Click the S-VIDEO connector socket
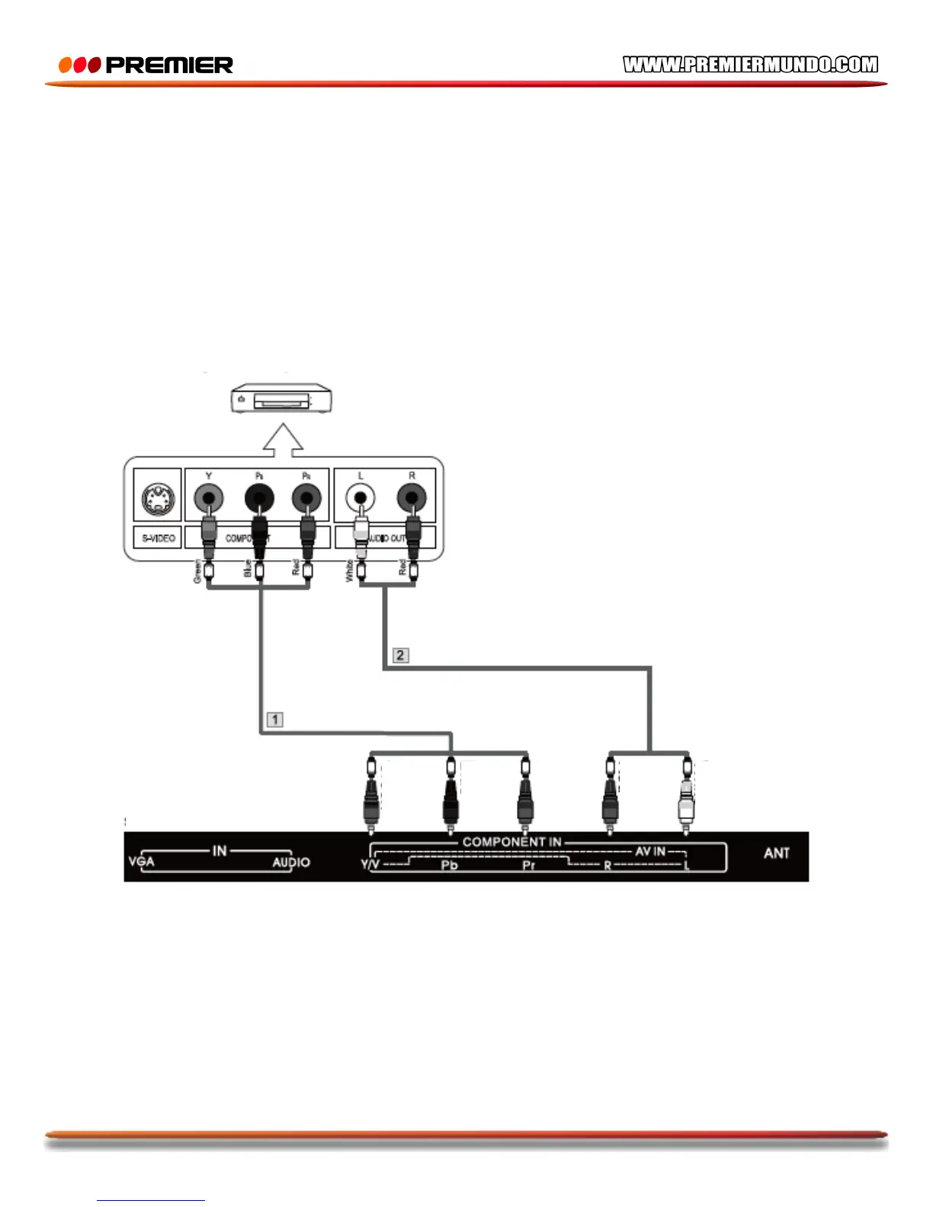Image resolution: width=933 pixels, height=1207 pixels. (158, 500)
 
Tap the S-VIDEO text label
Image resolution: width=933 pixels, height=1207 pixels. (158, 538)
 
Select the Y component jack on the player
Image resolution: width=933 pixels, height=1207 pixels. (209, 499)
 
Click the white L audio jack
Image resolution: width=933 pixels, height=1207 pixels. (361, 499)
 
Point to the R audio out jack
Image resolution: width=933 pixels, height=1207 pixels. (412, 499)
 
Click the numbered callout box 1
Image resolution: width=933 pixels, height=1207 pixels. (275, 719)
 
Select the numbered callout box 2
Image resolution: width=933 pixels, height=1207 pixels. (400, 655)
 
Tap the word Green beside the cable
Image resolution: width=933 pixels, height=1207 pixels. (197, 571)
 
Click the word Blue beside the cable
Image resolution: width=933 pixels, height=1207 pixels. (247, 569)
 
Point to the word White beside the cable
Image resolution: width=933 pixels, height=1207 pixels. (349, 571)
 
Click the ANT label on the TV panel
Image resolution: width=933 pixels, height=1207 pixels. (777, 853)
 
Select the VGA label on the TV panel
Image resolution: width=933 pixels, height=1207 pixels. (142, 862)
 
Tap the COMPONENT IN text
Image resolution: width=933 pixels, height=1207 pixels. (511, 842)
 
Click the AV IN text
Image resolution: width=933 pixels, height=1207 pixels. (650, 851)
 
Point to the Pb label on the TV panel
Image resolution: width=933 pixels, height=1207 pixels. (449, 866)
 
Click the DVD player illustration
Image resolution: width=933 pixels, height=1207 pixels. (282, 399)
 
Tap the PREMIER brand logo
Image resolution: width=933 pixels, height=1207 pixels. (146, 66)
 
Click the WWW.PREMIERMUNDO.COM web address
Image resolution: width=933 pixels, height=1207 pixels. (750, 65)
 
